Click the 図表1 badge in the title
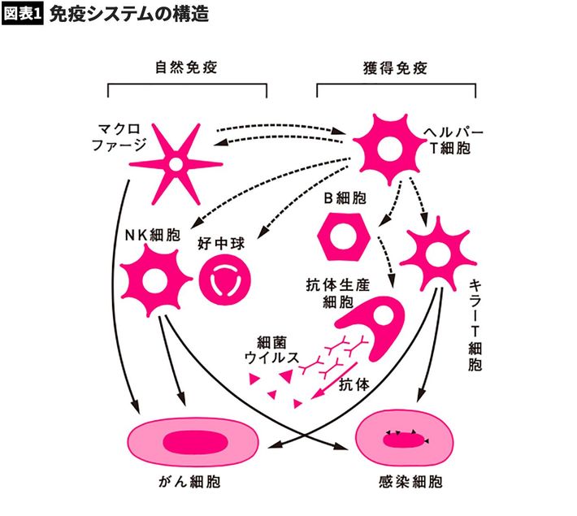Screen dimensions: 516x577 23,15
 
